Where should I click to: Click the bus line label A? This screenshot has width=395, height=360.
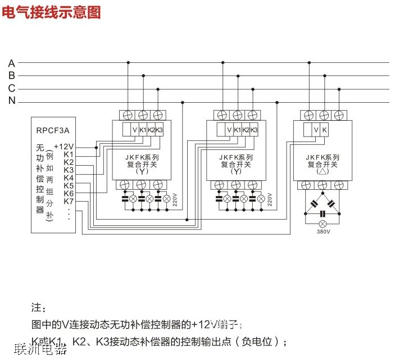pyautogui.click(x=12, y=63)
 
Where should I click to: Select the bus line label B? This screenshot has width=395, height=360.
pyautogui.click(x=12, y=76)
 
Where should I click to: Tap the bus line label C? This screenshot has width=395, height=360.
pyautogui.click(x=12, y=89)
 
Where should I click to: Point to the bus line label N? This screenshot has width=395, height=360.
pyautogui.click(x=12, y=102)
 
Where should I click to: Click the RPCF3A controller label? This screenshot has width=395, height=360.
pyautogui.click(x=52, y=132)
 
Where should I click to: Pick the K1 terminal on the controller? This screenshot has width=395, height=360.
pyautogui.click(x=69, y=154)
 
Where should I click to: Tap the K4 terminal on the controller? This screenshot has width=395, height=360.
pyautogui.click(x=69, y=178)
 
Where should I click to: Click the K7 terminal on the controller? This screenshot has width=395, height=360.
pyautogui.click(x=69, y=202)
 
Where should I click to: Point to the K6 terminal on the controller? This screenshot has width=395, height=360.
pyautogui.click(x=69, y=194)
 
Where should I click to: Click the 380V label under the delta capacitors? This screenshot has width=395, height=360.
pyautogui.click(x=323, y=231)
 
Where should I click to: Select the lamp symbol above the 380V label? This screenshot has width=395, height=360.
pyautogui.click(x=323, y=223)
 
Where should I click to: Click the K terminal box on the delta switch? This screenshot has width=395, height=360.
pyautogui.click(x=325, y=130)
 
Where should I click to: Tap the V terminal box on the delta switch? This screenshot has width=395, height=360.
pyautogui.click(x=316, y=130)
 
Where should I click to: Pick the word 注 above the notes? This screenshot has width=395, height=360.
pyautogui.click(x=37, y=308)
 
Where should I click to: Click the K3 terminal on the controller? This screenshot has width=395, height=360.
pyautogui.click(x=69, y=170)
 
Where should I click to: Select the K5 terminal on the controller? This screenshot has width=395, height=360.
pyautogui.click(x=69, y=186)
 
